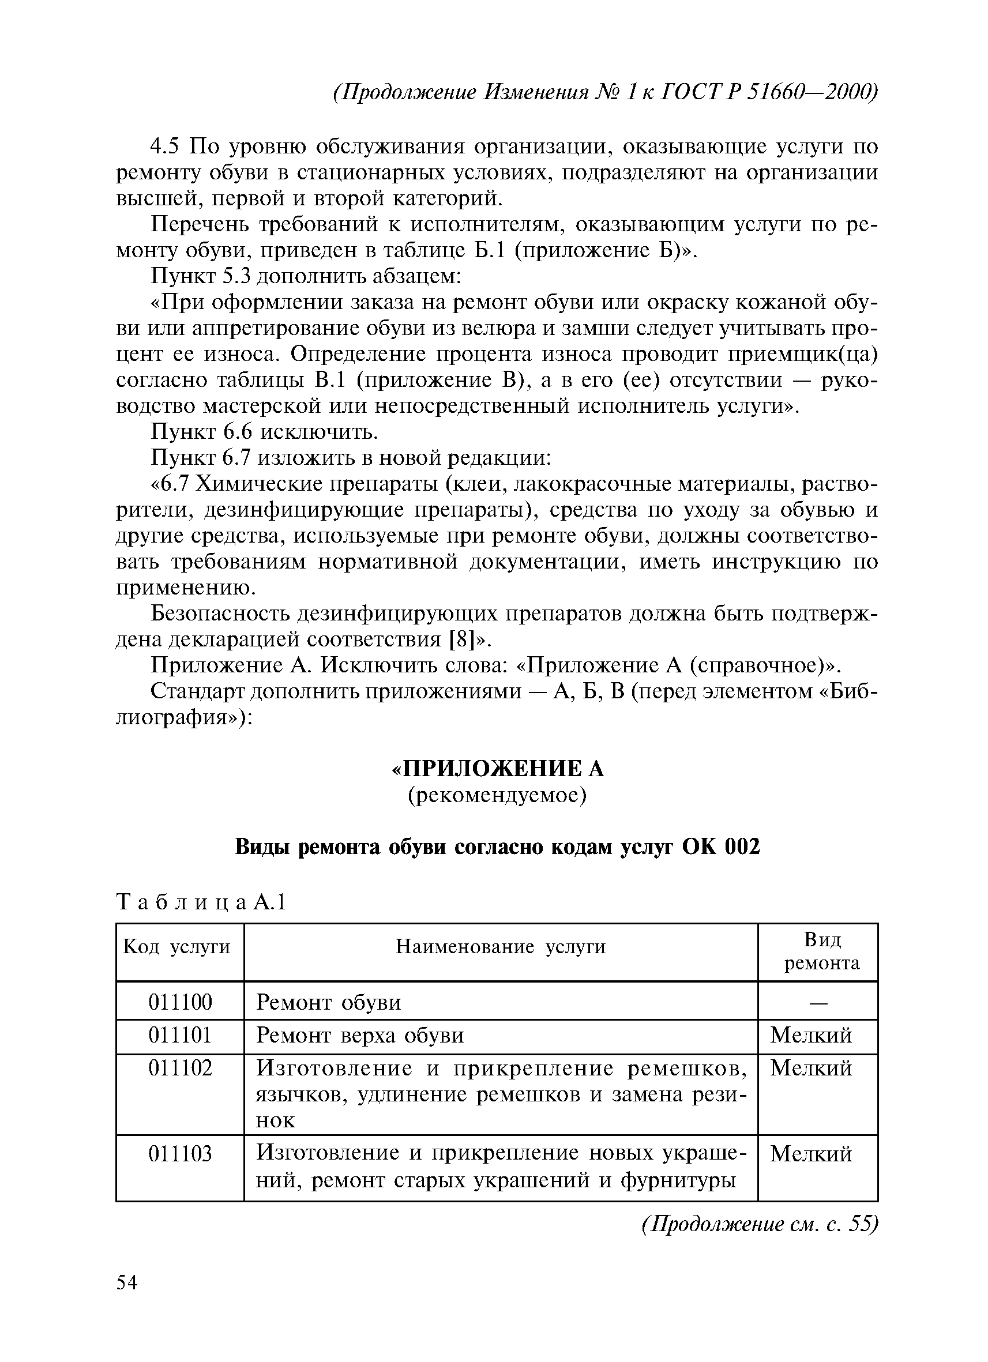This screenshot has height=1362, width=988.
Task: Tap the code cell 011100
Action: coord(180,1002)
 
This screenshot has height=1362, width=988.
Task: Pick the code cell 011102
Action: coord(180,1068)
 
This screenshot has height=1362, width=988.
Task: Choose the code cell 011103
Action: coord(180,1154)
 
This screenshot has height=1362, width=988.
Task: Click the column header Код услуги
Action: coord(176,947)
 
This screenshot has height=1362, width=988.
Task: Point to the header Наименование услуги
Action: coord(501,947)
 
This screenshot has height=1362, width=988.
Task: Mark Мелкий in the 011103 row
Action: coord(811,1154)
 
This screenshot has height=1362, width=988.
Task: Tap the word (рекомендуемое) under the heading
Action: coord(497,796)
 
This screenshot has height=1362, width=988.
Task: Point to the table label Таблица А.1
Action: coord(202,902)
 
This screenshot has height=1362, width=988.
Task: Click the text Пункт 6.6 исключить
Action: coord(264,432)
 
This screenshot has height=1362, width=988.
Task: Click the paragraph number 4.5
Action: coord(166,146)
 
